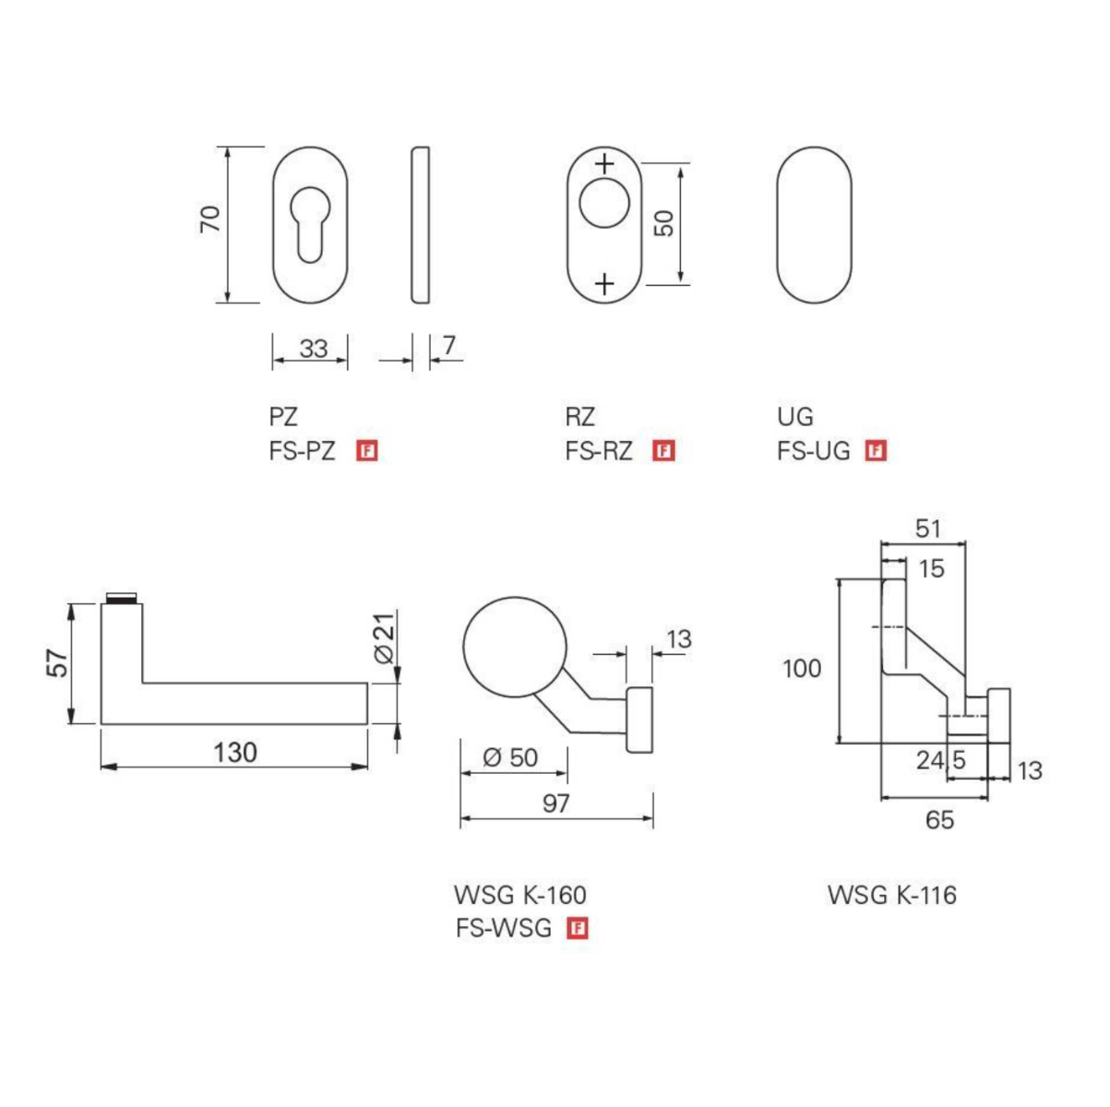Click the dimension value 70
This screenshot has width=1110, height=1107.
[211, 219]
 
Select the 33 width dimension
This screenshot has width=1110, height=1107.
[314, 349]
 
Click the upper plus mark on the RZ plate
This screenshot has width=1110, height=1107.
[604, 165]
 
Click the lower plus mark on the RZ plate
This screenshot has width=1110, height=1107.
[604, 283]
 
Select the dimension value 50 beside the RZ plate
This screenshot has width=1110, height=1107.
[664, 222]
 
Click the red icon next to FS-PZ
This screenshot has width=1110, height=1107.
[369, 451]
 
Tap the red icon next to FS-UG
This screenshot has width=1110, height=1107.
[876, 451]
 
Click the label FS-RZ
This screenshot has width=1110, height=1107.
[599, 451]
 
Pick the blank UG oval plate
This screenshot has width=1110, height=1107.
[814, 224]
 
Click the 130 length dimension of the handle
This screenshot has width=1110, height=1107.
[235, 753]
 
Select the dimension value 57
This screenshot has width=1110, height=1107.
[57, 662]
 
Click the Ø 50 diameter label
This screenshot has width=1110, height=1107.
[510, 757]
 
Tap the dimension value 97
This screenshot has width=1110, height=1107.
[555, 803]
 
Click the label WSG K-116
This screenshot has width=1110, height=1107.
[892, 895]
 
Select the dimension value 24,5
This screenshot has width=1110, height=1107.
[940, 760]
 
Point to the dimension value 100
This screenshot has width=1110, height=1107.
[802, 668]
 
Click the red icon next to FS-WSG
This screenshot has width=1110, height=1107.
[579, 928]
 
